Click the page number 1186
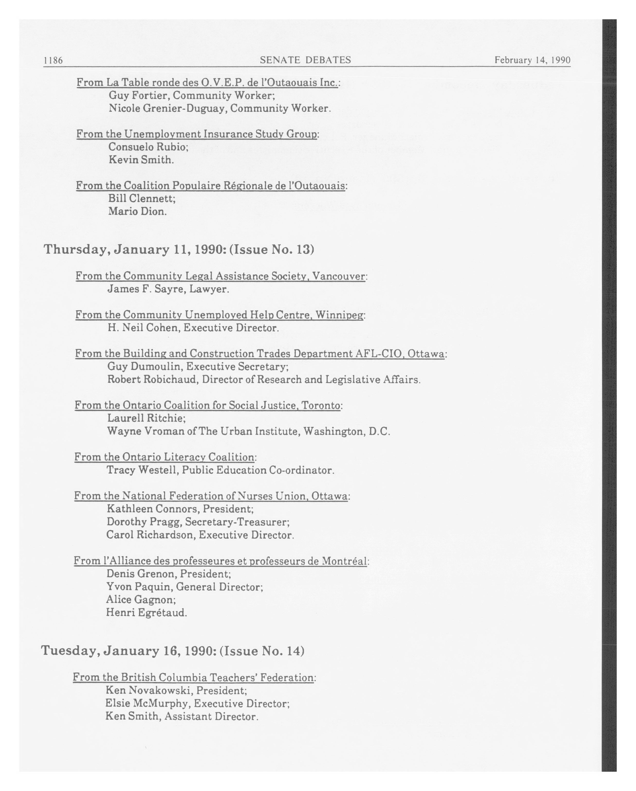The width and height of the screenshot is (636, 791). pyautogui.click(x=53, y=60)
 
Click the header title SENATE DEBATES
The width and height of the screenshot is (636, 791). pyautogui.click(x=305, y=60)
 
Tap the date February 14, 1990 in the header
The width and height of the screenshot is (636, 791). pyautogui.click(x=532, y=60)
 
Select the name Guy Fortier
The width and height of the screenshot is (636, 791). pyautogui.click(x=139, y=95)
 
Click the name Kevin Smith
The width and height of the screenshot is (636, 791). pyautogui.click(x=140, y=160)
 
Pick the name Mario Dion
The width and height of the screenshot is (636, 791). pyautogui.click(x=137, y=211)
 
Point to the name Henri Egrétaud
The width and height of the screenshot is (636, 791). pyautogui.click(x=146, y=612)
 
